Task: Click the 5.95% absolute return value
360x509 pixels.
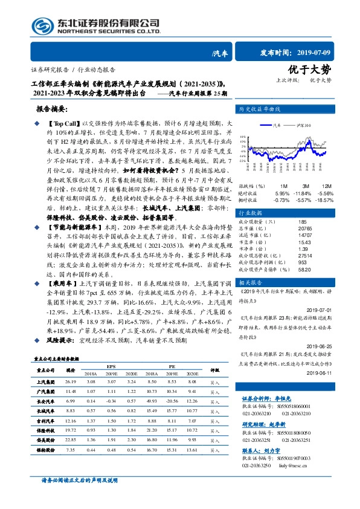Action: tap(282, 192)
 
